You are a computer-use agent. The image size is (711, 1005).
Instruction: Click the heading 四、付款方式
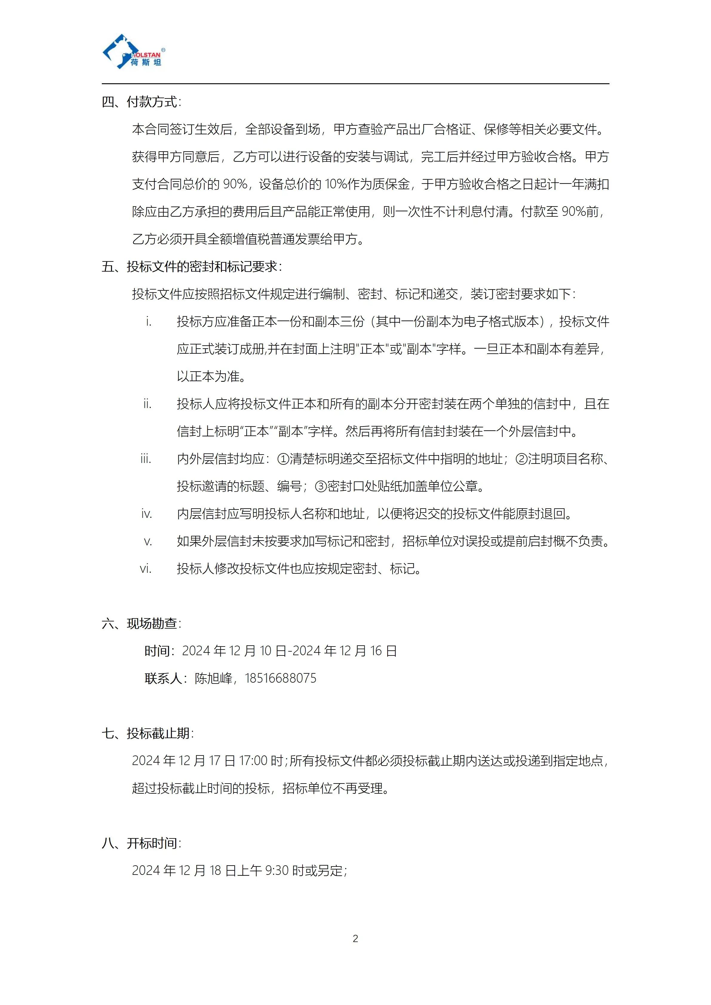(x=141, y=102)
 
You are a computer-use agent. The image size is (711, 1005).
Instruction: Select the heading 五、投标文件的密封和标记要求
(x=191, y=267)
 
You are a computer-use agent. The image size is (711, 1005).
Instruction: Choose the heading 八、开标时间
(x=141, y=843)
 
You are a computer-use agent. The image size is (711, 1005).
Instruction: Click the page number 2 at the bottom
(x=355, y=938)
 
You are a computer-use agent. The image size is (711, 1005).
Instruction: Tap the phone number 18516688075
(x=280, y=678)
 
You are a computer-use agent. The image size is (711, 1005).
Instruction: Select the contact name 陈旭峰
(x=213, y=678)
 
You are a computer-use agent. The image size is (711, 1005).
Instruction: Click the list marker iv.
(x=146, y=514)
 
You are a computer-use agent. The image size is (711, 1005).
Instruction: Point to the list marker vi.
(x=145, y=569)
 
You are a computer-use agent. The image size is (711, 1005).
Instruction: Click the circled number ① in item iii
(x=283, y=459)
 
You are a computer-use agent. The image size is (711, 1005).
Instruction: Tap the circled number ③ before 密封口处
(x=321, y=486)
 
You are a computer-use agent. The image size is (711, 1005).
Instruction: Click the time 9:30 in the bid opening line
(x=277, y=871)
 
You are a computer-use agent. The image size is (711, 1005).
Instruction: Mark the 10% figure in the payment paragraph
(x=336, y=184)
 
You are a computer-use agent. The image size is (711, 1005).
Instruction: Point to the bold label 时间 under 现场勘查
(x=157, y=651)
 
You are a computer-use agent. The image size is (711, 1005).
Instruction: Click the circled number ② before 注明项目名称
(x=521, y=459)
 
